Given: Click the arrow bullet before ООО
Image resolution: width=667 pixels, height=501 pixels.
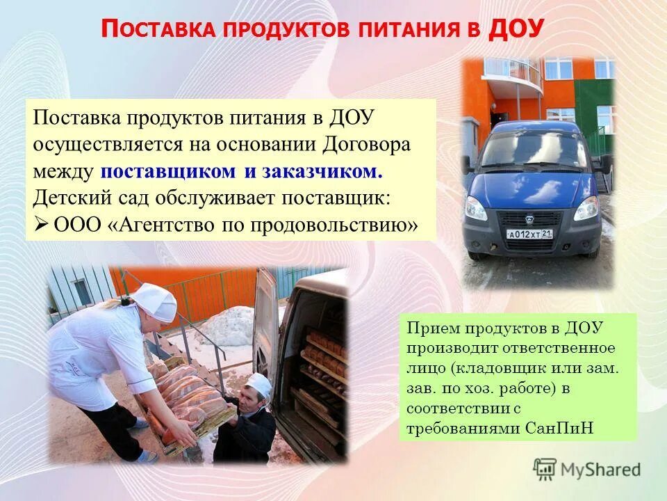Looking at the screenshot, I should pyautogui.click(x=40, y=224).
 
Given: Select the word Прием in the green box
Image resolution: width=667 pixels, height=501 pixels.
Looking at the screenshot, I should pyautogui.click(x=432, y=328).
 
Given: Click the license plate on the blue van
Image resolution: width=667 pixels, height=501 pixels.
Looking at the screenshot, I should pyautogui.click(x=529, y=234).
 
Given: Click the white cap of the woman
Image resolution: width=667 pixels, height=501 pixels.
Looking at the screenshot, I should pyautogui.click(x=154, y=301).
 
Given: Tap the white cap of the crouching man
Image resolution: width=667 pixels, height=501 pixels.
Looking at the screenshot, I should pyautogui.click(x=259, y=382).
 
